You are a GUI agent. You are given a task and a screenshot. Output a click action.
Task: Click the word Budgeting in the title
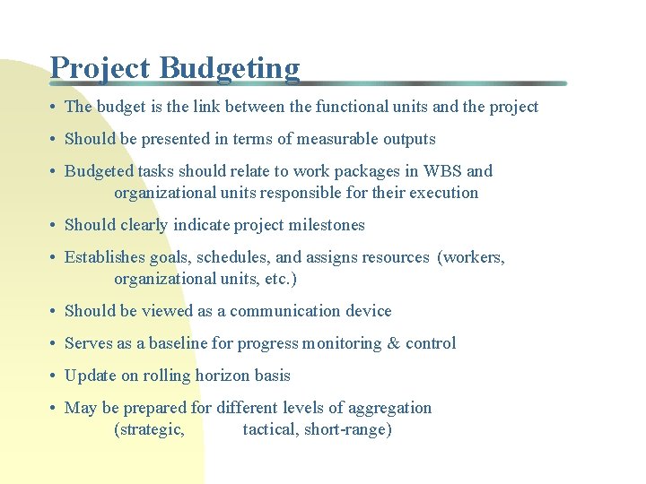[230, 68]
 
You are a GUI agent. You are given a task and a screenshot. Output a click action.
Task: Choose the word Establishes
[105, 257]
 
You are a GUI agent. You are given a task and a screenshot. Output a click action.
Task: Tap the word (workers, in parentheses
[471, 257]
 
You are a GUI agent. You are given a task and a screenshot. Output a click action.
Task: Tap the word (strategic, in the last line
[150, 429]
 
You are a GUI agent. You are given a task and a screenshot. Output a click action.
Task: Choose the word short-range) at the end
[348, 429]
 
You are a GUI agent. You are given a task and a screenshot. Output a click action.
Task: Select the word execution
[443, 193]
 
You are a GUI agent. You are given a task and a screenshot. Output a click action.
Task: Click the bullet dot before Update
[55, 376]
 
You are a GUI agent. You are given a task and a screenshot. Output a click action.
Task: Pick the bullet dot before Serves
[55, 344]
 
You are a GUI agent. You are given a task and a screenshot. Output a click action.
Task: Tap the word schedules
[242, 257]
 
